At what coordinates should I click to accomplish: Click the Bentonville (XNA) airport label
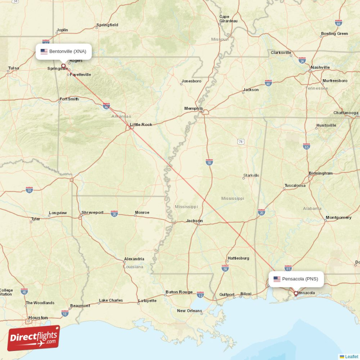(x=63, y=51)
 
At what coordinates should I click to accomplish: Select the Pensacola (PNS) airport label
(x=296, y=279)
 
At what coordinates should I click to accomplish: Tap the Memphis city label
(x=193, y=108)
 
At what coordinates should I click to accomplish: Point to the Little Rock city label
(x=141, y=125)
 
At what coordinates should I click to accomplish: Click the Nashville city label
(x=320, y=67)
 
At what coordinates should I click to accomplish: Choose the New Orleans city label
(x=189, y=311)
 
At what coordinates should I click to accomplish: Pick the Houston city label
(x=38, y=318)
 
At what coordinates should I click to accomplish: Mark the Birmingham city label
(x=320, y=173)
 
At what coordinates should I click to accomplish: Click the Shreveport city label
(x=92, y=212)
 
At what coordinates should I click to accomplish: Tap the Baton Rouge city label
(x=179, y=292)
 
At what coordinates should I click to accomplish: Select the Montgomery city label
(x=338, y=218)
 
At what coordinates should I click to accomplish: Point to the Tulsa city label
(x=13, y=68)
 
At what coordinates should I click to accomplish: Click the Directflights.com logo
(x=34, y=338)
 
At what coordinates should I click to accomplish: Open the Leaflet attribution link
(x=351, y=356)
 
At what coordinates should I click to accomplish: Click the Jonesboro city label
(x=191, y=81)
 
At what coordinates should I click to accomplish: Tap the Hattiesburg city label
(x=238, y=258)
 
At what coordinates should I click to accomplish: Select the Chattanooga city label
(x=346, y=112)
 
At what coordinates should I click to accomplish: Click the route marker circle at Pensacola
(x=296, y=293)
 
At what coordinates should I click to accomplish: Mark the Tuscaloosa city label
(x=295, y=185)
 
